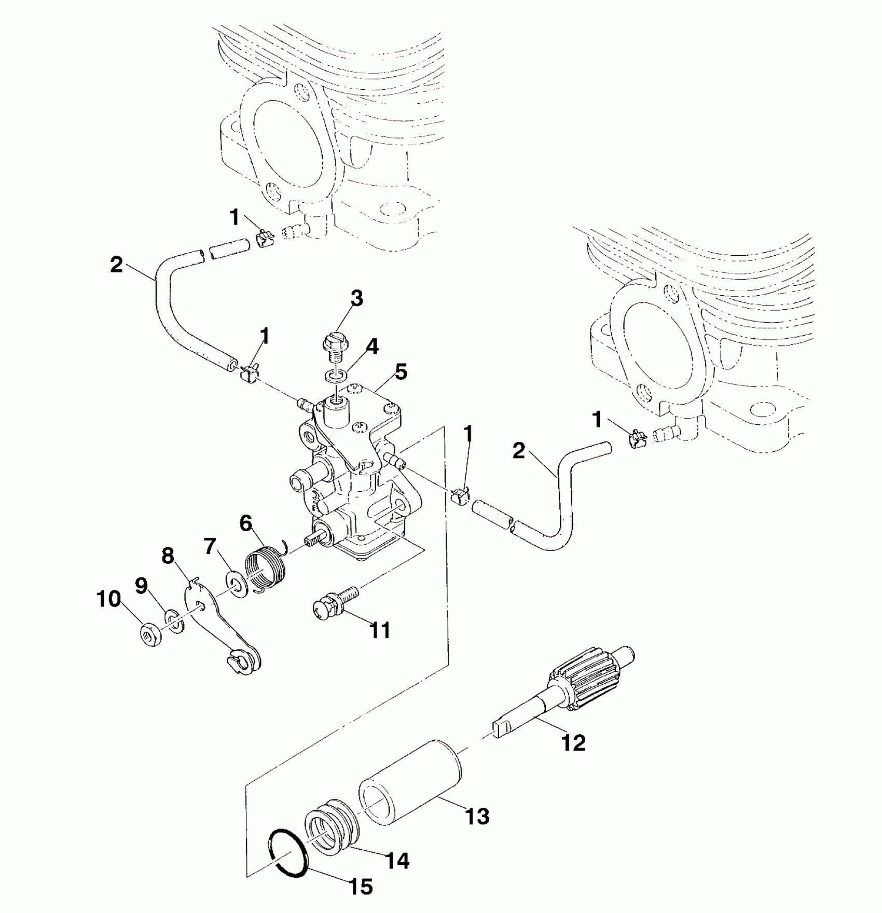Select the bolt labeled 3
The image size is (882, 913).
332,347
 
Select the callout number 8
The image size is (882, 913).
168,557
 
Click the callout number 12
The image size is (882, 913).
573,743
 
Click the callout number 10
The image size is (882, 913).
108,600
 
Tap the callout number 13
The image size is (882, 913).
477,817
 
